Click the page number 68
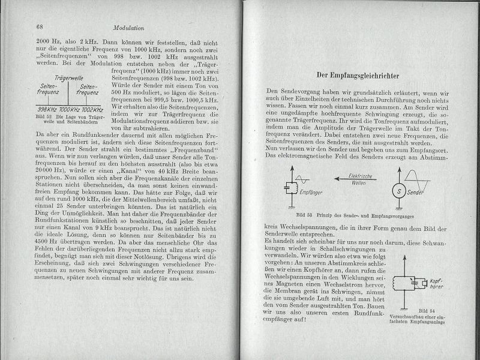pos(40,27)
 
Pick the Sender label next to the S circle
pos(416,193)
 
